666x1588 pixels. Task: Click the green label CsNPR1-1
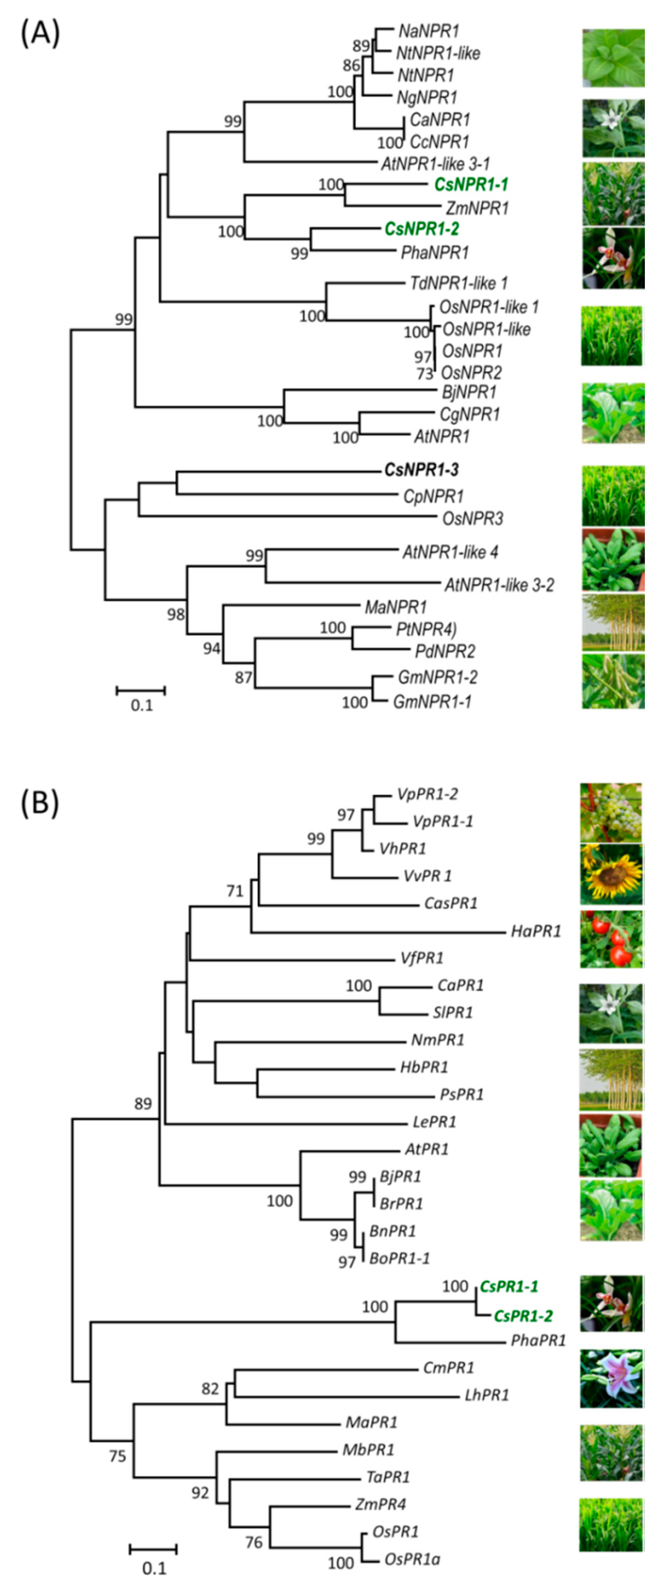click(471, 184)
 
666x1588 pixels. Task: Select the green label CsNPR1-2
click(422, 229)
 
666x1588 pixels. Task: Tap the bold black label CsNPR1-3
click(422, 470)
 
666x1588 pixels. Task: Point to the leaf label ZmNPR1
click(477, 208)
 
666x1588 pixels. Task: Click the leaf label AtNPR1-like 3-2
click(499, 584)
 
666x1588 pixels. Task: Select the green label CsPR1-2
click(523, 1316)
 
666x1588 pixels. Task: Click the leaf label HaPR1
click(536, 931)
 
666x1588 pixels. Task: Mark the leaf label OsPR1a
click(412, 1559)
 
